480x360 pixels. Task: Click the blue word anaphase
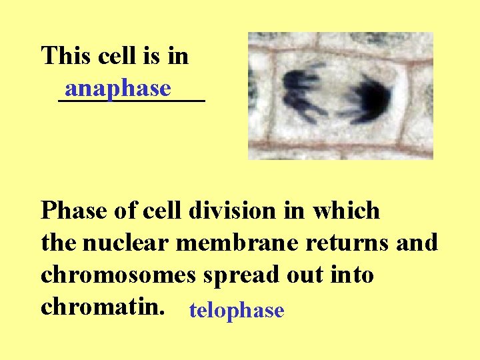[118, 89]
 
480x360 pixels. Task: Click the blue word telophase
[237, 310]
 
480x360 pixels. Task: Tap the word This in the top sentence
[66, 56]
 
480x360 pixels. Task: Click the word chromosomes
[118, 275]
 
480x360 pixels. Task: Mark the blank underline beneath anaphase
[131, 101]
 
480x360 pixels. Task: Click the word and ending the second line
[418, 243]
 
